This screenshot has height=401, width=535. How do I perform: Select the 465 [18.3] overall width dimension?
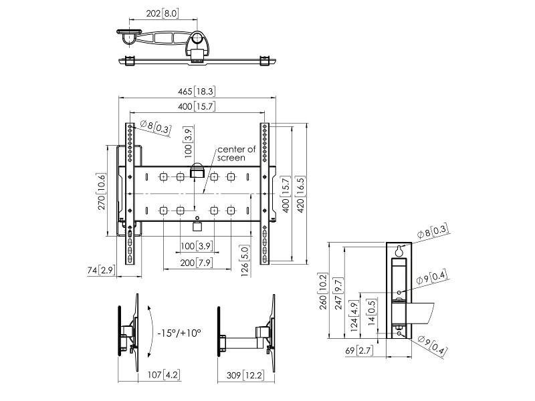pos(197,91)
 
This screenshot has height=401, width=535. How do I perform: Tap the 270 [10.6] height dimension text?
pos(102,192)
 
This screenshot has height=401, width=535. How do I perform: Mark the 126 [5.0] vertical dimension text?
pos(245,253)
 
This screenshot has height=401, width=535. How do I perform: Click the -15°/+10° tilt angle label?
pos(179,332)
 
